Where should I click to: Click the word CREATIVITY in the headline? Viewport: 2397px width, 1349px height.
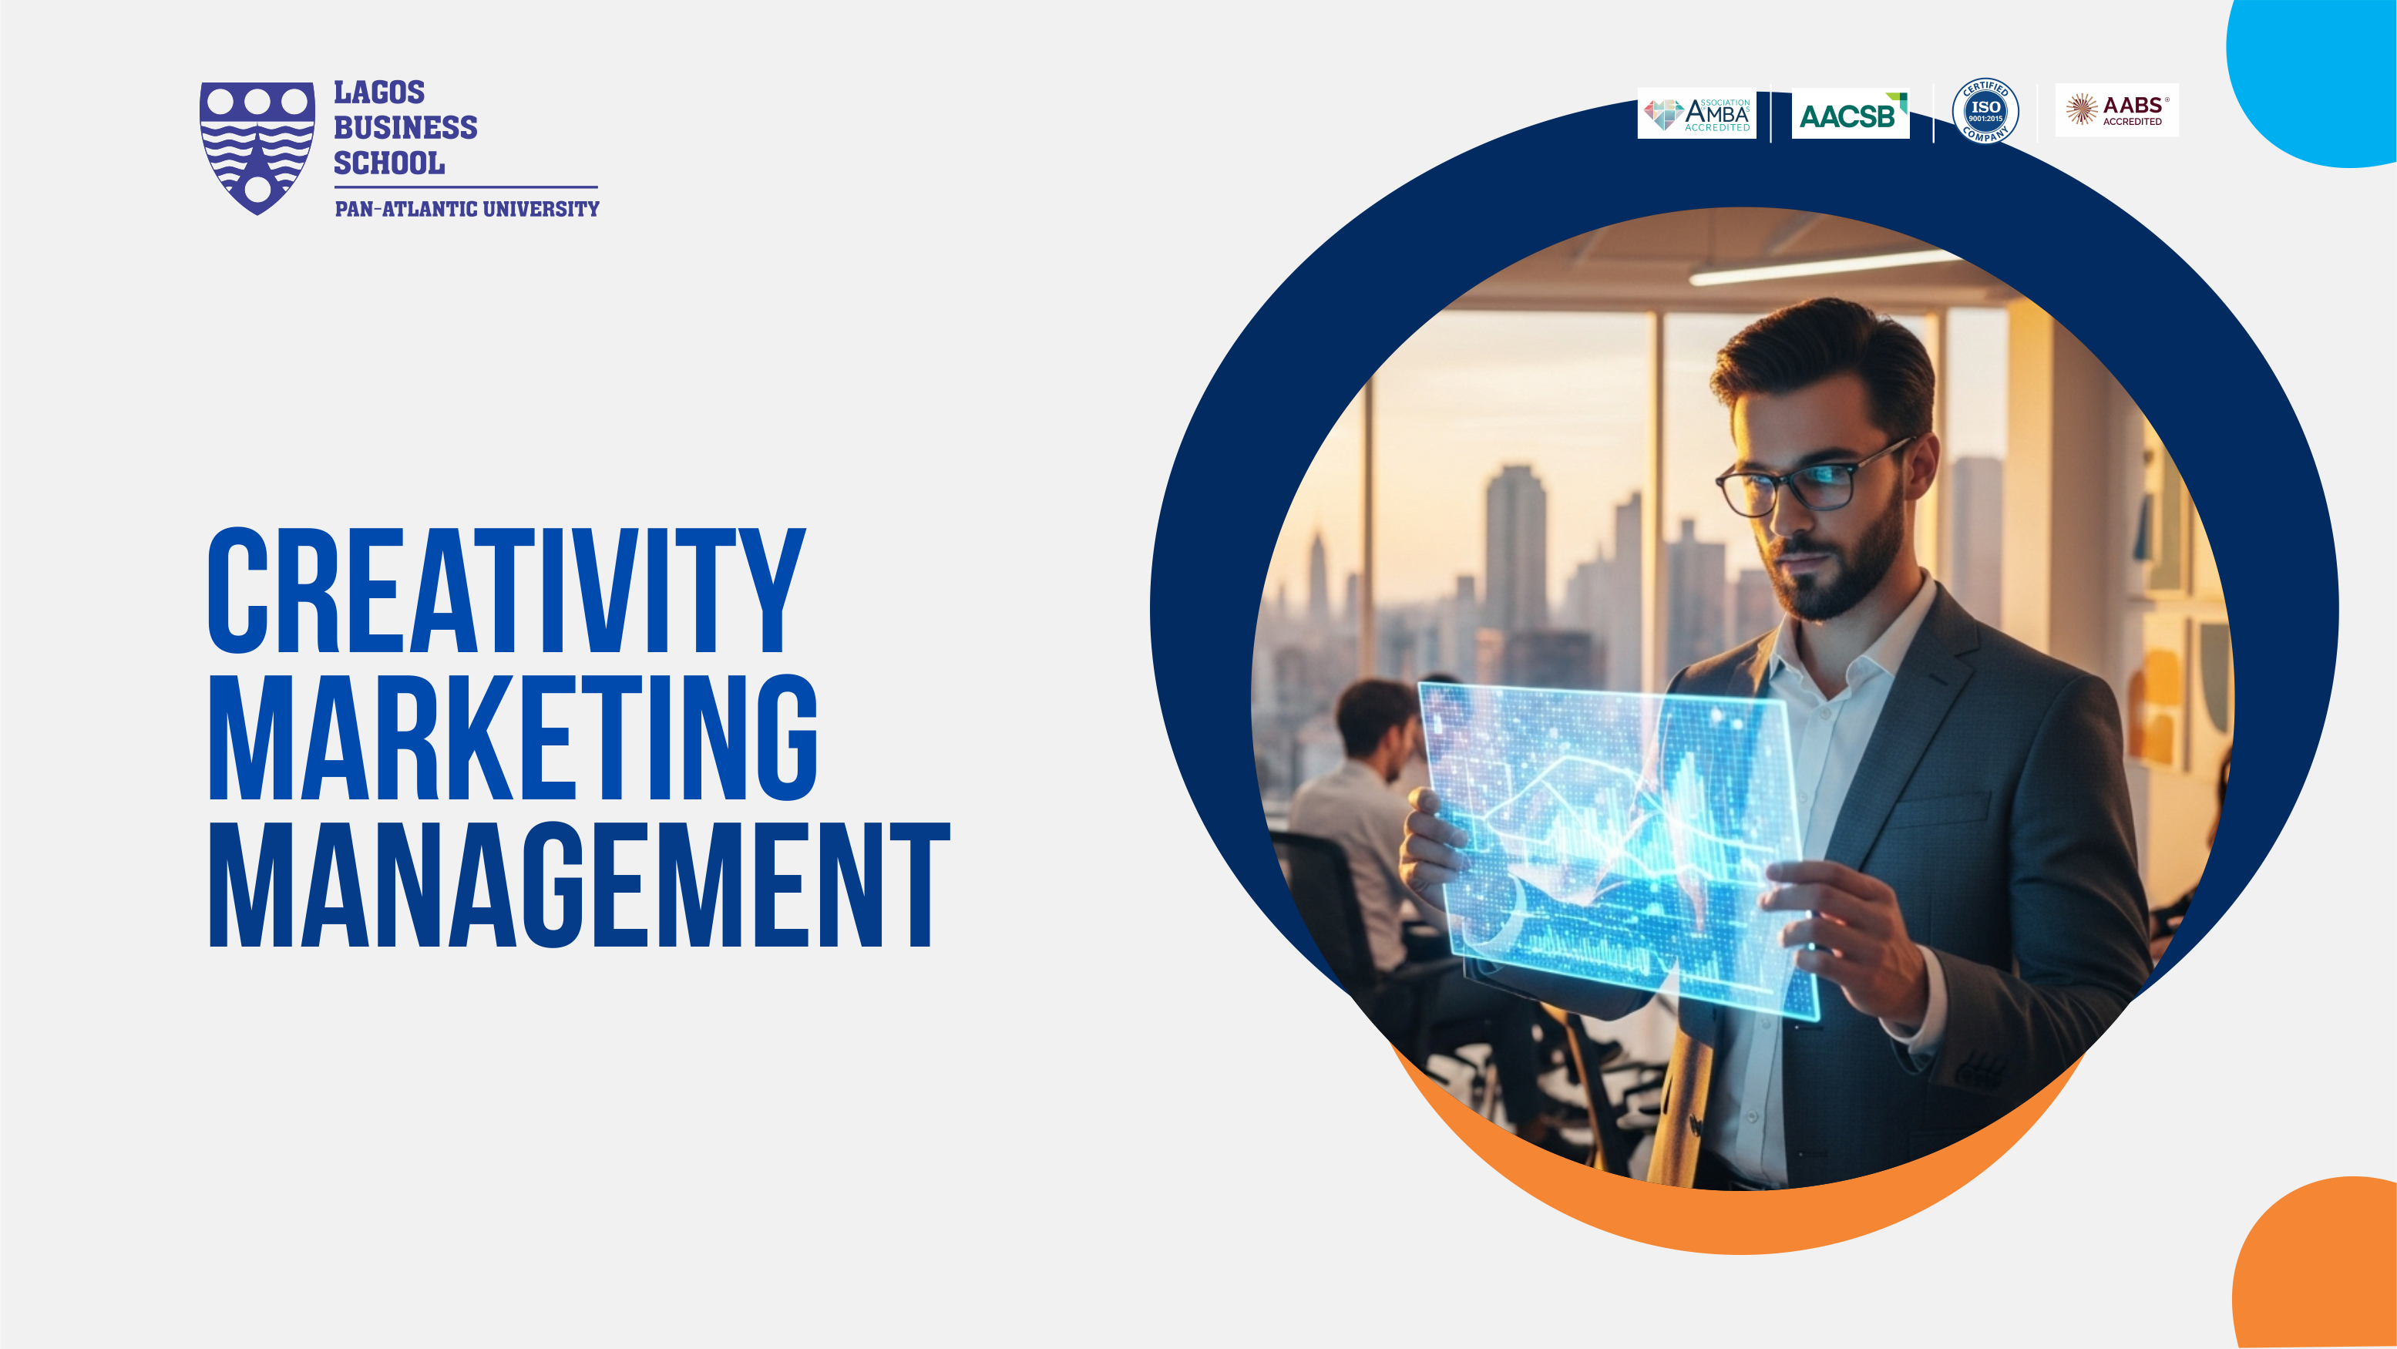506,590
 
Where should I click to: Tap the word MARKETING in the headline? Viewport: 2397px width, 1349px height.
513,737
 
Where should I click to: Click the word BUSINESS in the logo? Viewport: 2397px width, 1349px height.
405,127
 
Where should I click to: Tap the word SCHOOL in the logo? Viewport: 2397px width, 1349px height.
389,163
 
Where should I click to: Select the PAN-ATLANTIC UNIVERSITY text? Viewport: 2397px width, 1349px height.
467,208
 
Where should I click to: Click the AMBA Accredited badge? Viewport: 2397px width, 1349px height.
1696,113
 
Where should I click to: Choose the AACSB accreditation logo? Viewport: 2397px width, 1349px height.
1851,113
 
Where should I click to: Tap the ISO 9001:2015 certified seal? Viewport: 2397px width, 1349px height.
1985,111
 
